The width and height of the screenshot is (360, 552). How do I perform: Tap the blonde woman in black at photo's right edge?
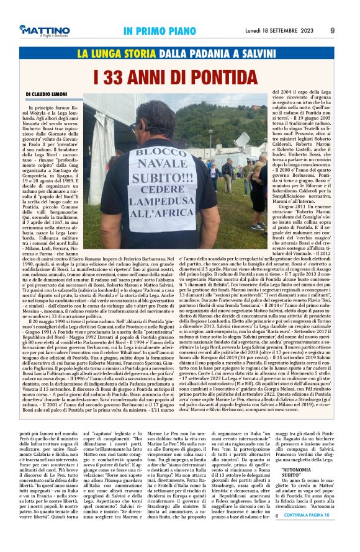[x=259, y=186]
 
